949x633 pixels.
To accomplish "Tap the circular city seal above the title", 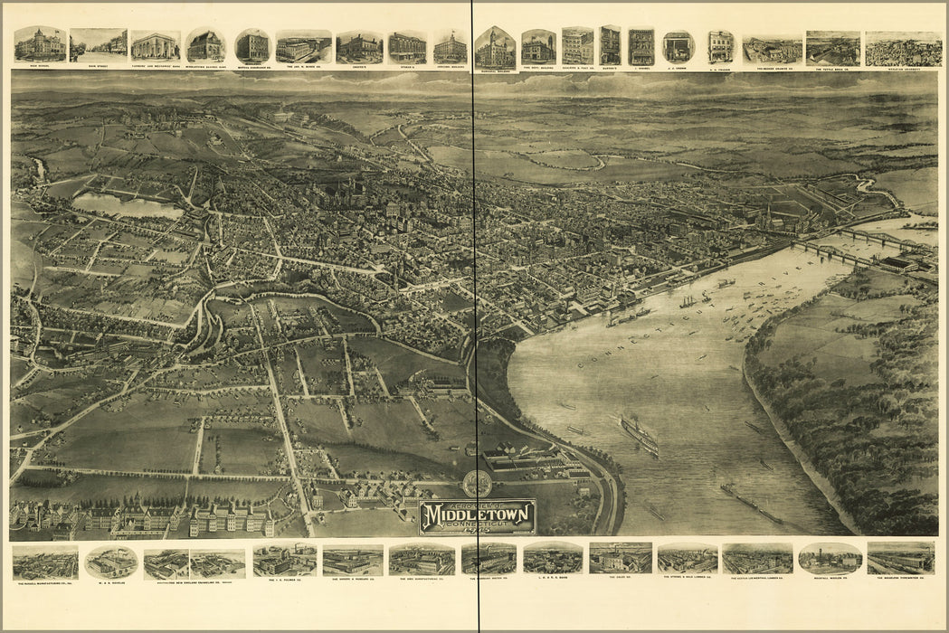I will tap(477, 484).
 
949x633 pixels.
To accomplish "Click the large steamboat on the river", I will tap(640, 436).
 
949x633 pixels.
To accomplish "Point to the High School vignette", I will tap(40, 44).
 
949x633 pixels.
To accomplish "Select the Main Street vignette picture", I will tap(98, 45).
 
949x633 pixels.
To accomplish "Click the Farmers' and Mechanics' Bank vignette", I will tap(156, 46).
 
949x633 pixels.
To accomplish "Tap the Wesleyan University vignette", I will tap(902, 49).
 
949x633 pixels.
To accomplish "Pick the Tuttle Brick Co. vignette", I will tap(832, 49).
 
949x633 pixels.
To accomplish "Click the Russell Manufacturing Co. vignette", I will tap(44, 562).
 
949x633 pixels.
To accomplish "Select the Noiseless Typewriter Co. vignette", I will tap(900, 558).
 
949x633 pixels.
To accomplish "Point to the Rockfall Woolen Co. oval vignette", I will tap(830, 558).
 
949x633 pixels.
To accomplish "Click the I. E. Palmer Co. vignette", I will tap(283, 559).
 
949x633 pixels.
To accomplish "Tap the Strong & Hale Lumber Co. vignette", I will tap(687, 558).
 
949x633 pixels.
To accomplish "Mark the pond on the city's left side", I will tap(127, 206).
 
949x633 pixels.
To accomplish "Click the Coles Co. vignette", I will tap(620, 558).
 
